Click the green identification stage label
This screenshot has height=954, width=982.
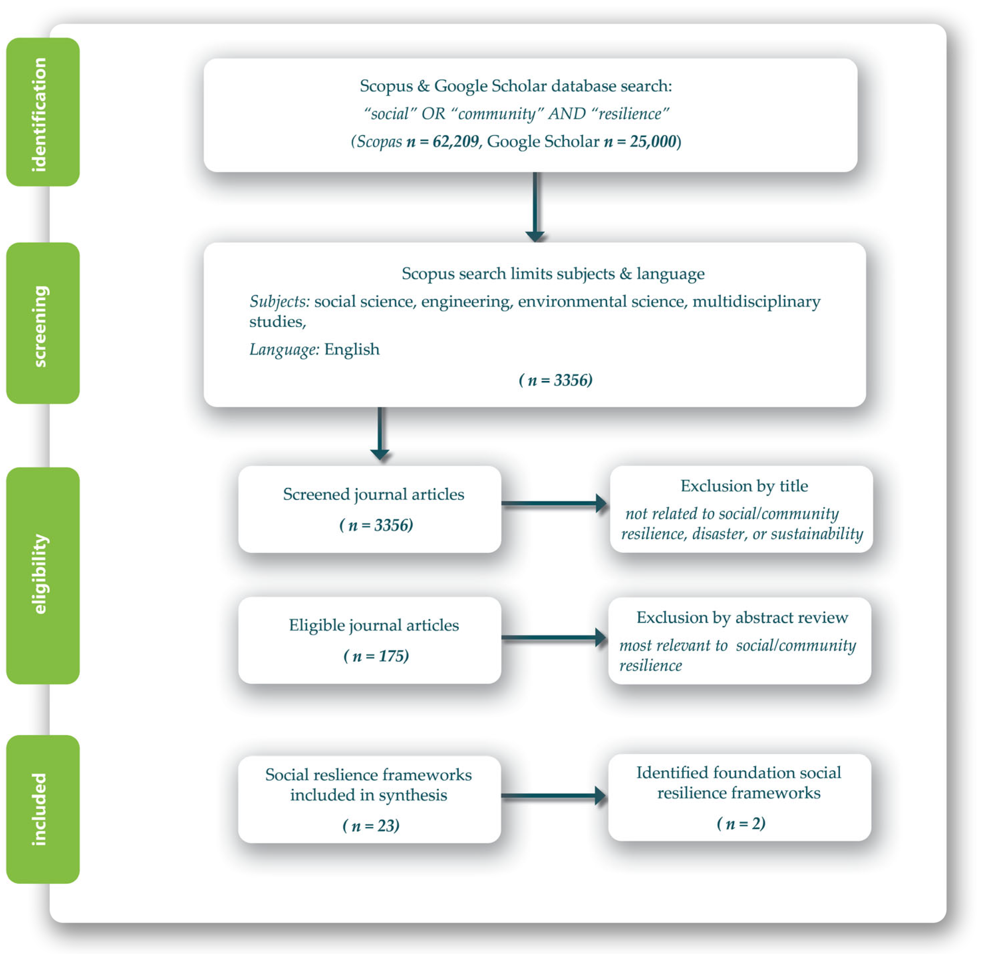click(43, 112)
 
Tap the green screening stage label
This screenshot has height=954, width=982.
click(43, 323)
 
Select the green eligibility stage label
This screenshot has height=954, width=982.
click(43, 575)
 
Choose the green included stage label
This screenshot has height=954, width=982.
click(43, 809)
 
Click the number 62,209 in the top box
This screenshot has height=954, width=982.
click(456, 141)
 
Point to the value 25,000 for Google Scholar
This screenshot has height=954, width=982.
click(653, 141)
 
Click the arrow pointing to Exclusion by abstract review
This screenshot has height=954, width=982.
click(554, 637)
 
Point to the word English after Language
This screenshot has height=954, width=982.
click(352, 349)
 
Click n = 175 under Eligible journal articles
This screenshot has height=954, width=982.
click(376, 656)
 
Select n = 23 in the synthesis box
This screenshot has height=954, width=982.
click(371, 825)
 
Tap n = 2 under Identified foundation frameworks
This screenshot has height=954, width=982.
click(741, 823)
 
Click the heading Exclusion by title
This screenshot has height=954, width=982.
click(744, 486)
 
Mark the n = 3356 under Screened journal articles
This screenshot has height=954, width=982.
click(376, 525)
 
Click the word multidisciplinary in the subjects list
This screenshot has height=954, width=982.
click(756, 301)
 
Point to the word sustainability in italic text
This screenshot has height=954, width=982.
click(817, 534)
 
